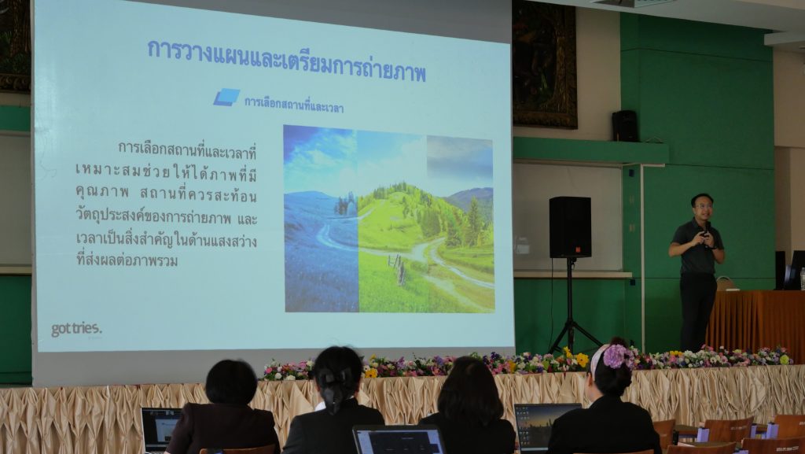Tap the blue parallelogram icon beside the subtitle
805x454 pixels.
(226, 97)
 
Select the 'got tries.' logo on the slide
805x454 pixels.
(76, 329)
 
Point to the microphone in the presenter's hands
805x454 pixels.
(707, 230)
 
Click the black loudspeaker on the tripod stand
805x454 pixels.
(570, 227)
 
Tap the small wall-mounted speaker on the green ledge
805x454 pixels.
(625, 126)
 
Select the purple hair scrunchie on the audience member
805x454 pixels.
(616, 356)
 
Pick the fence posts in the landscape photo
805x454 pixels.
(397, 268)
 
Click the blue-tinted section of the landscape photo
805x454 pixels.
(321, 219)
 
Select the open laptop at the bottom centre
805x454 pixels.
(399, 440)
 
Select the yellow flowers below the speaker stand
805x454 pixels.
(575, 357)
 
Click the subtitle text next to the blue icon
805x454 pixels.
(294, 105)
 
